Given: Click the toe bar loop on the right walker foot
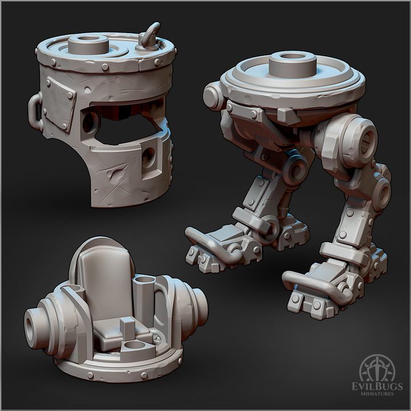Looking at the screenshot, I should tap(308, 280).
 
